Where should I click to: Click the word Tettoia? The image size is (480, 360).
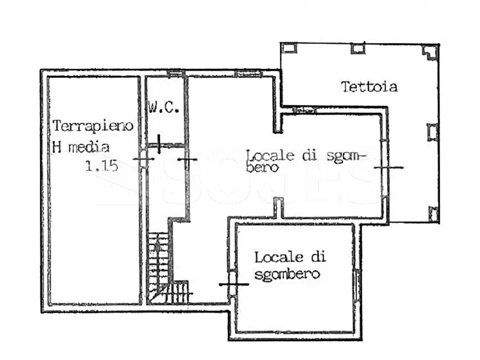pos(369,87)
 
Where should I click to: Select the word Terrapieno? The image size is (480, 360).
pos(93,126)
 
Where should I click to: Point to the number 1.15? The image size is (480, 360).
pos(102,166)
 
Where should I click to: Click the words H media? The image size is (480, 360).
pos(81,146)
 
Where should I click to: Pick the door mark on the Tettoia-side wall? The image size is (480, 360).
pos(388,168)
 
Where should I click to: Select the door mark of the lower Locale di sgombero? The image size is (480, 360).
pos(231,284)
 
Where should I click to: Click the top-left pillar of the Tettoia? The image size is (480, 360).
pos(289,48)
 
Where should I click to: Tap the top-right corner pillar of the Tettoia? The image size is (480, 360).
pos(429,52)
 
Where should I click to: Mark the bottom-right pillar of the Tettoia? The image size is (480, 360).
pos(433,214)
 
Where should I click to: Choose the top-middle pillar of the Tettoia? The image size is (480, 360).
pos(357,48)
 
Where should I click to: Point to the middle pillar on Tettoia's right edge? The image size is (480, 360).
pos(433,132)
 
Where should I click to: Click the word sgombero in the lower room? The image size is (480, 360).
pos(287,275)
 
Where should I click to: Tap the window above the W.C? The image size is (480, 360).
pos(175,73)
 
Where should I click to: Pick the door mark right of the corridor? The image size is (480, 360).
pos(187,160)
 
